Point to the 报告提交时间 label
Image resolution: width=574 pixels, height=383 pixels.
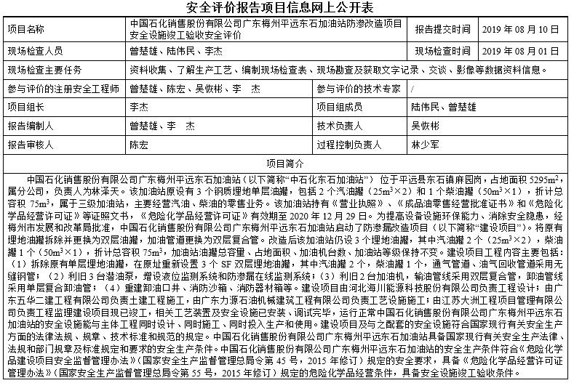(x=443, y=29)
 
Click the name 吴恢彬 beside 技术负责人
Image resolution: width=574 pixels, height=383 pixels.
(x=425, y=125)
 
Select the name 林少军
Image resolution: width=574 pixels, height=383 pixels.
(x=425, y=144)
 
